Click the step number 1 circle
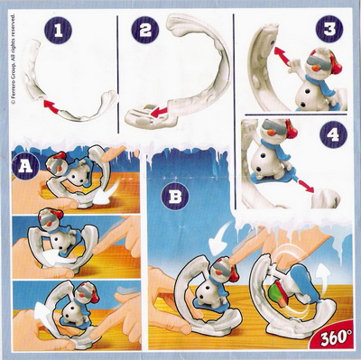pos(58,30)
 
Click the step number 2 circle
pos(144,30)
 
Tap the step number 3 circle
pos(329,29)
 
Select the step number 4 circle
pos(334,135)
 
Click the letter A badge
pos(25,166)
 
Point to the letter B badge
pos(175,197)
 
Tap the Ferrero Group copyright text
pos(13,60)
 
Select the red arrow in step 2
pos(159,112)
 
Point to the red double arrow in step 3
pos(282,56)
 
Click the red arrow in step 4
pos(304,184)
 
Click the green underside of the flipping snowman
pos(276,293)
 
